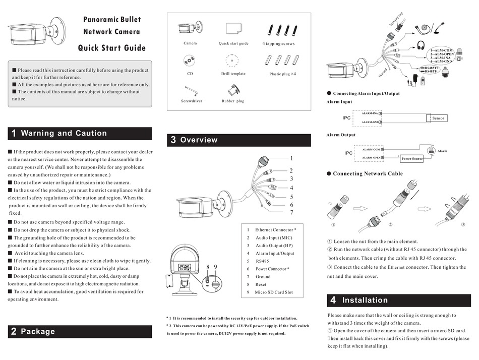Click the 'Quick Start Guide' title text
111,48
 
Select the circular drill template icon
232,60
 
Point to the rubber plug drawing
233,89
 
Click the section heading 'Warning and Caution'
64,134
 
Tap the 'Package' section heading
38,332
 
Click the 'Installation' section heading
365,301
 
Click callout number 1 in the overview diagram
291,158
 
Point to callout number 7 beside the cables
291,213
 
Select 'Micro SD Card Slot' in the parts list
274,292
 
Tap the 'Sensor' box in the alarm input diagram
438,118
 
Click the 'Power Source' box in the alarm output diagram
412,159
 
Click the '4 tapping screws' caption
278,44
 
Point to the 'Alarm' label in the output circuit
442,151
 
